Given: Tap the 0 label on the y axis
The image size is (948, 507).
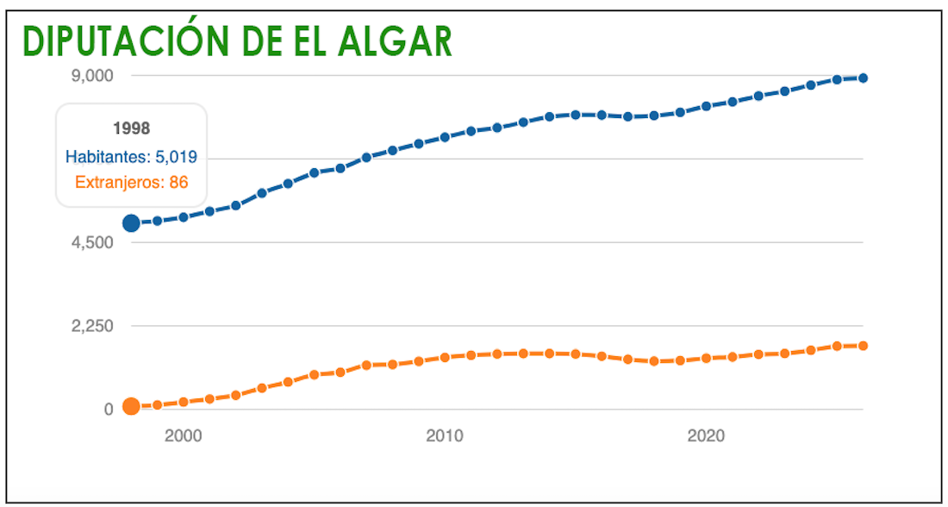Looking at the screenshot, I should pos(109,410).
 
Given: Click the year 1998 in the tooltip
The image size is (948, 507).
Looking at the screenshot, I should pos(131,128).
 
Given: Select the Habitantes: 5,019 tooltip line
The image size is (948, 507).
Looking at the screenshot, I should pos(131,157).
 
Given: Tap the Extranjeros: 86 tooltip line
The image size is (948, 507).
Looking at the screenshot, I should pos(131,183).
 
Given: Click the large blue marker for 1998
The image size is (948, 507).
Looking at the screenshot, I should pos(131,223).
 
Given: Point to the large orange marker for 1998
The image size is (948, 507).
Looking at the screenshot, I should pos(131,406).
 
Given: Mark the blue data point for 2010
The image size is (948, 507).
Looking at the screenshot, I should pos(445,137).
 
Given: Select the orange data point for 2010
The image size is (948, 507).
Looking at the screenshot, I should pos(445,357).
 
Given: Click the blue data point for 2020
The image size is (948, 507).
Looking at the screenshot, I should pos(707,106).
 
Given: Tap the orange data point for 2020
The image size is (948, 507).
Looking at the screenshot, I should pos(707,358).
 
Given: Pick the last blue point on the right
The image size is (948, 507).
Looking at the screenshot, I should pos(863,78).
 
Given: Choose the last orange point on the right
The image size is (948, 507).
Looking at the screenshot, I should pos(863,346).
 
